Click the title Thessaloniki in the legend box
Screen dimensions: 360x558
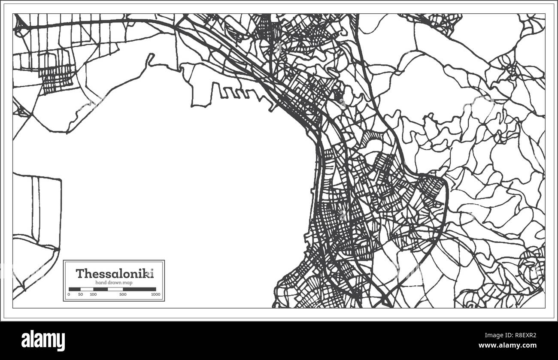pyautogui.click(x=114, y=273)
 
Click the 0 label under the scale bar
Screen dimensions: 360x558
pyautogui.click(x=69, y=294)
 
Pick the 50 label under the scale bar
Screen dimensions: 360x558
pyautogui.click(x=80, y=294)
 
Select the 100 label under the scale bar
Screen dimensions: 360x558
pyautogui.click(x=93, y=294)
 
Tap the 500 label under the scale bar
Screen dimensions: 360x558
pyautogui.click(x=123, y=294)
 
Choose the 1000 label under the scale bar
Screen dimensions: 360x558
pyautogui.click(x=155, y=294)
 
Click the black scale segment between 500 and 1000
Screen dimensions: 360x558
pyautogui.click(x=139, y=289)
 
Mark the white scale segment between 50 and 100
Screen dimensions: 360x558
pyautogui.click(x=87, y=289)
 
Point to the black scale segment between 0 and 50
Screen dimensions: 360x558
pyautogui.click(x=74, y=289)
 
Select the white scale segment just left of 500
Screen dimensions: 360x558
pyautogui.click(x=115, y=289)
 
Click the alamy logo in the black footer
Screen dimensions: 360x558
pyautogui.click(x=43, y=340)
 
